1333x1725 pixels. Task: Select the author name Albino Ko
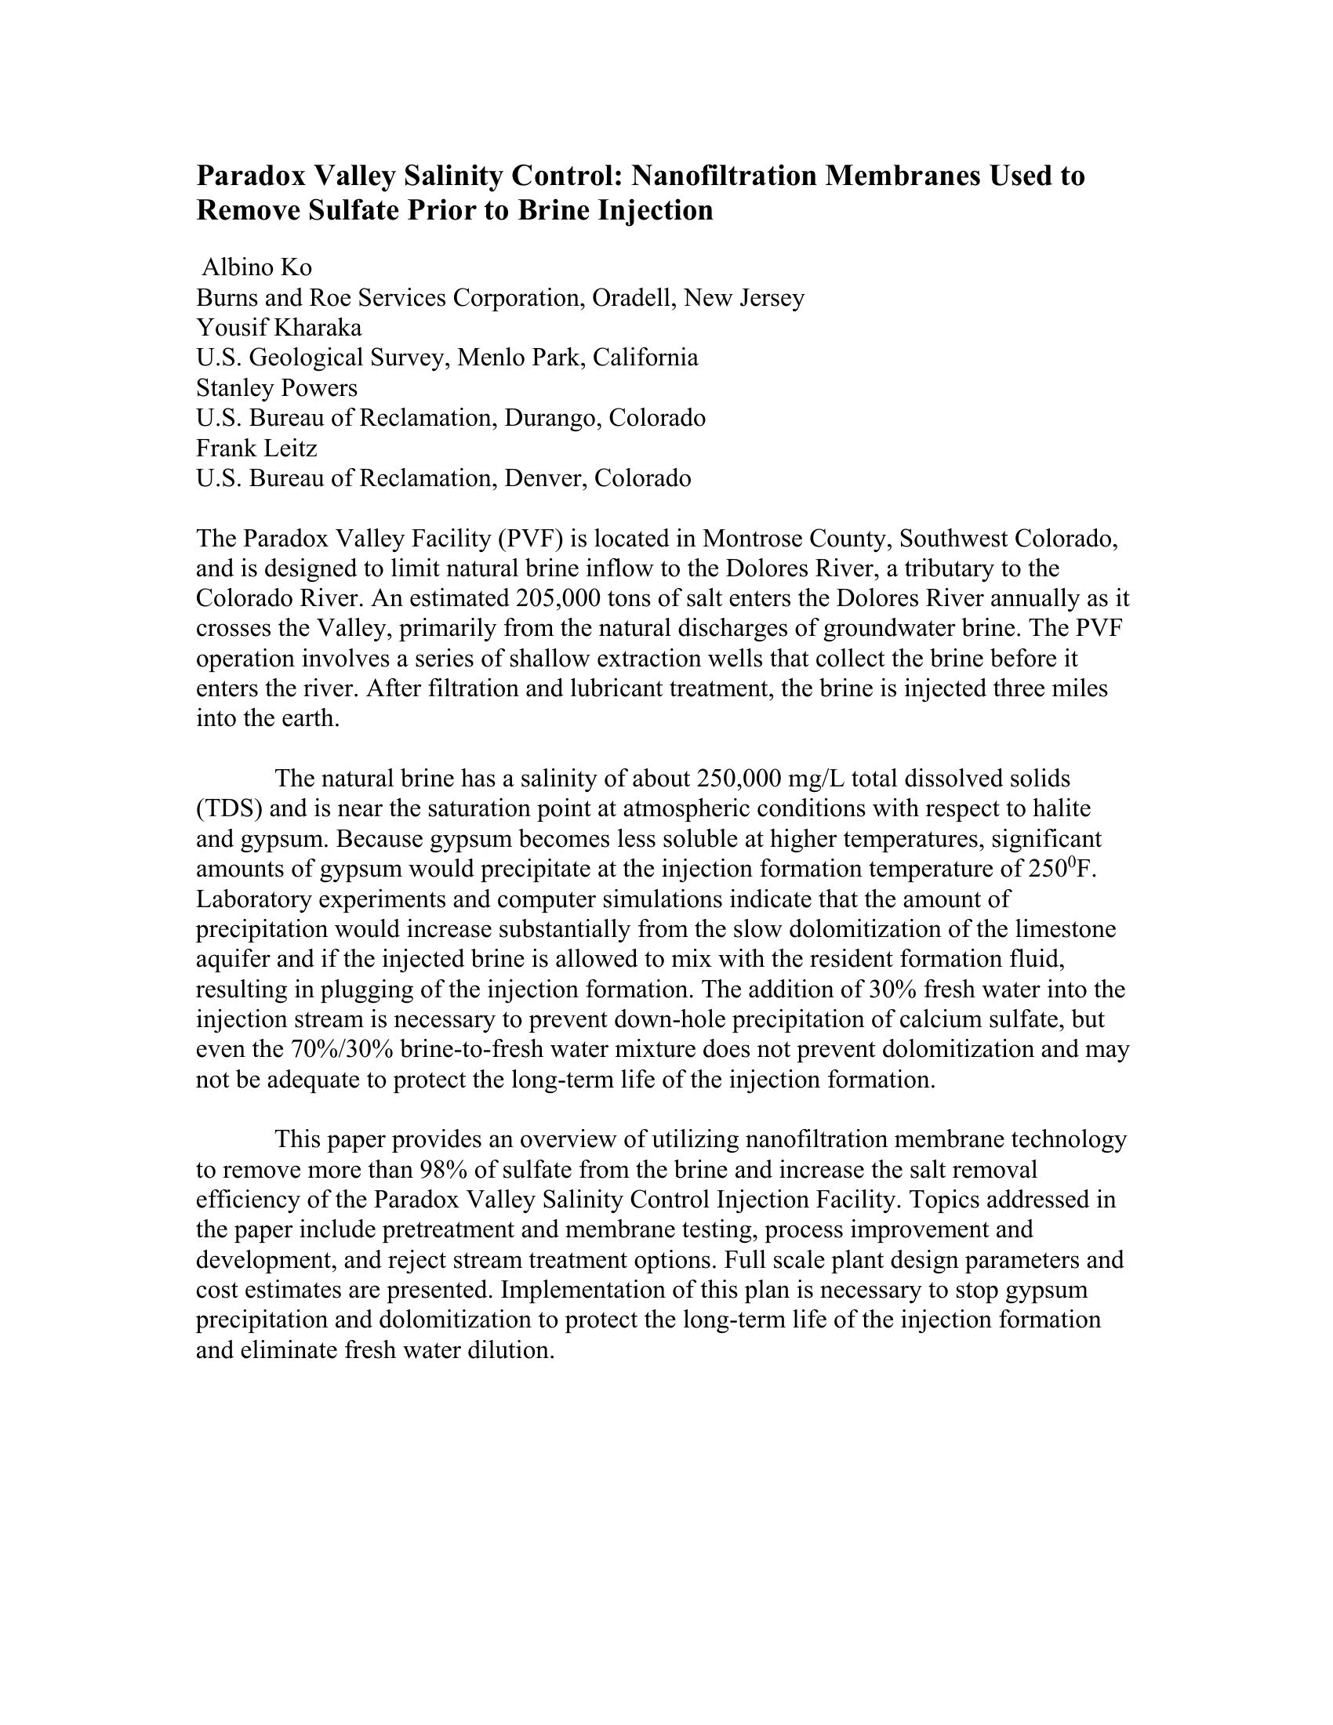pos(256,267)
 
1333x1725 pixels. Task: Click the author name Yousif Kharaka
pos(279,328)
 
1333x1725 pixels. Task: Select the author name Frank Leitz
pos(256,448)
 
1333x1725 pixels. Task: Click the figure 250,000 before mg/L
pos(739,779)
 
